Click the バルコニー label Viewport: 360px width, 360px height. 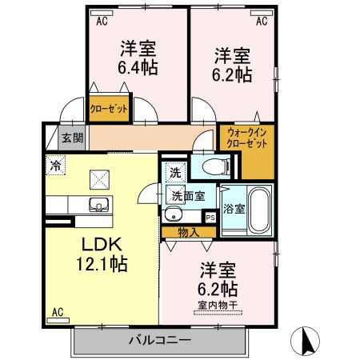tap(160, 342)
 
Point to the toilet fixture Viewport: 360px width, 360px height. tap(214, 166)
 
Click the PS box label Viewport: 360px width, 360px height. tap(210, 217)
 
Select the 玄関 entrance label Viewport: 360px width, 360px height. tap(72, 138)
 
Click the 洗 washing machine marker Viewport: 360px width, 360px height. tap(175, 172)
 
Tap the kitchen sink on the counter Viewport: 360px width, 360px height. tap(98, 203)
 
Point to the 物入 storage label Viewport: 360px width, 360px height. tap(188, 232)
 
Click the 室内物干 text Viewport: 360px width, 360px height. tap(217, 305)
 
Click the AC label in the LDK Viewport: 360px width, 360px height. tap(58, 312)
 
